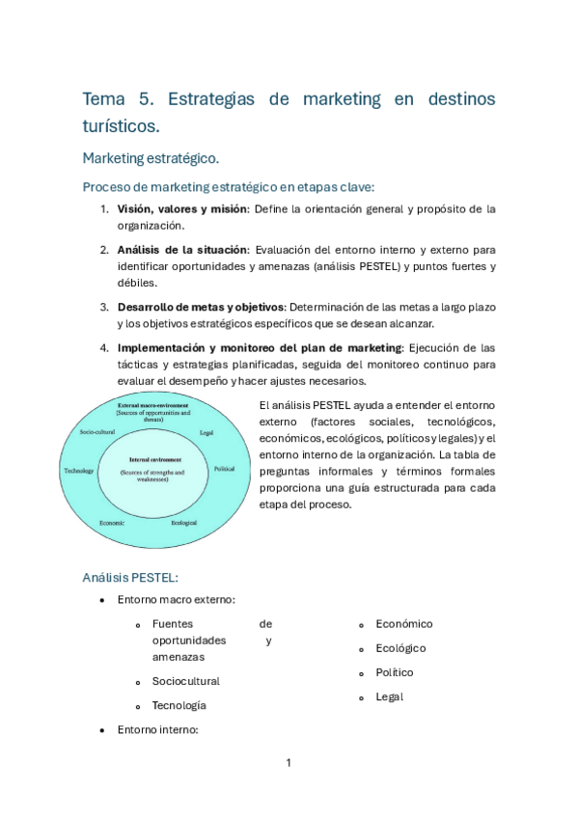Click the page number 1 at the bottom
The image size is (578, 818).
point(289,763)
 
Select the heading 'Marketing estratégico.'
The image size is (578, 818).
point(151,157)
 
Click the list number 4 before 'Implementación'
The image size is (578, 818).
point(103,347)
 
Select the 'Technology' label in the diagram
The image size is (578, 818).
point(78,471)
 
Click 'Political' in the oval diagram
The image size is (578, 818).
point(224,468)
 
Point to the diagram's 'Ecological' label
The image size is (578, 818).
point(184,522)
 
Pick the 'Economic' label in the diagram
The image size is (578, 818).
point(112,522)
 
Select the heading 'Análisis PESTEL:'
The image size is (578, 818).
point(129,577)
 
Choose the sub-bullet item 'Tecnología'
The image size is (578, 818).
point(179,705)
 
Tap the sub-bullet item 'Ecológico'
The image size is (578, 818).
point(400,648)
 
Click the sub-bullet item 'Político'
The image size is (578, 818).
point(394,672)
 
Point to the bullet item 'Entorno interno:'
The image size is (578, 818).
point(157,730)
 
